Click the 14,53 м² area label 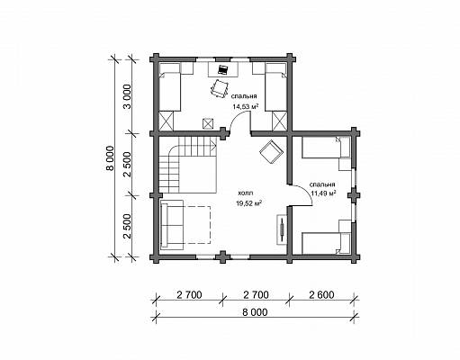[x=246, y=106]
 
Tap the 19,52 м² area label [x=248, y=203]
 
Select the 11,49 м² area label [x=323, y=193]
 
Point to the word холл [x=246, y=193]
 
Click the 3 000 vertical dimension [x=128, y=96]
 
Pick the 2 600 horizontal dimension [x=321, y=294]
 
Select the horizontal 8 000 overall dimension [x=255, y=312]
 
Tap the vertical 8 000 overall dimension [x=110, y=158]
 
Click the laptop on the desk [x=222, y=69]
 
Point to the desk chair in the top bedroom [x=220, y=88]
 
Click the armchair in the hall [x=271, y=151]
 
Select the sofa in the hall [x=172, y=224]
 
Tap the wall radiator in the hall [x=282, y=229]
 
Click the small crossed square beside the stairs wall [x=208, y=123]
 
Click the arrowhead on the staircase [x=214, y=147]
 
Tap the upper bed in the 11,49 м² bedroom [x=326, y=147]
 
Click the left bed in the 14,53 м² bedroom [x=169, y=87]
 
